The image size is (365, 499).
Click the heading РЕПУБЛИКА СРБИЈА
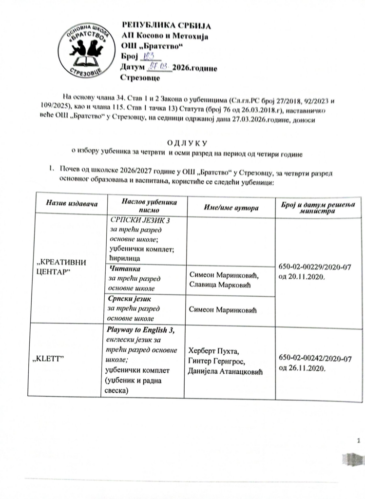coord(166,25)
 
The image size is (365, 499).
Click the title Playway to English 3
coord(140,330)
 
